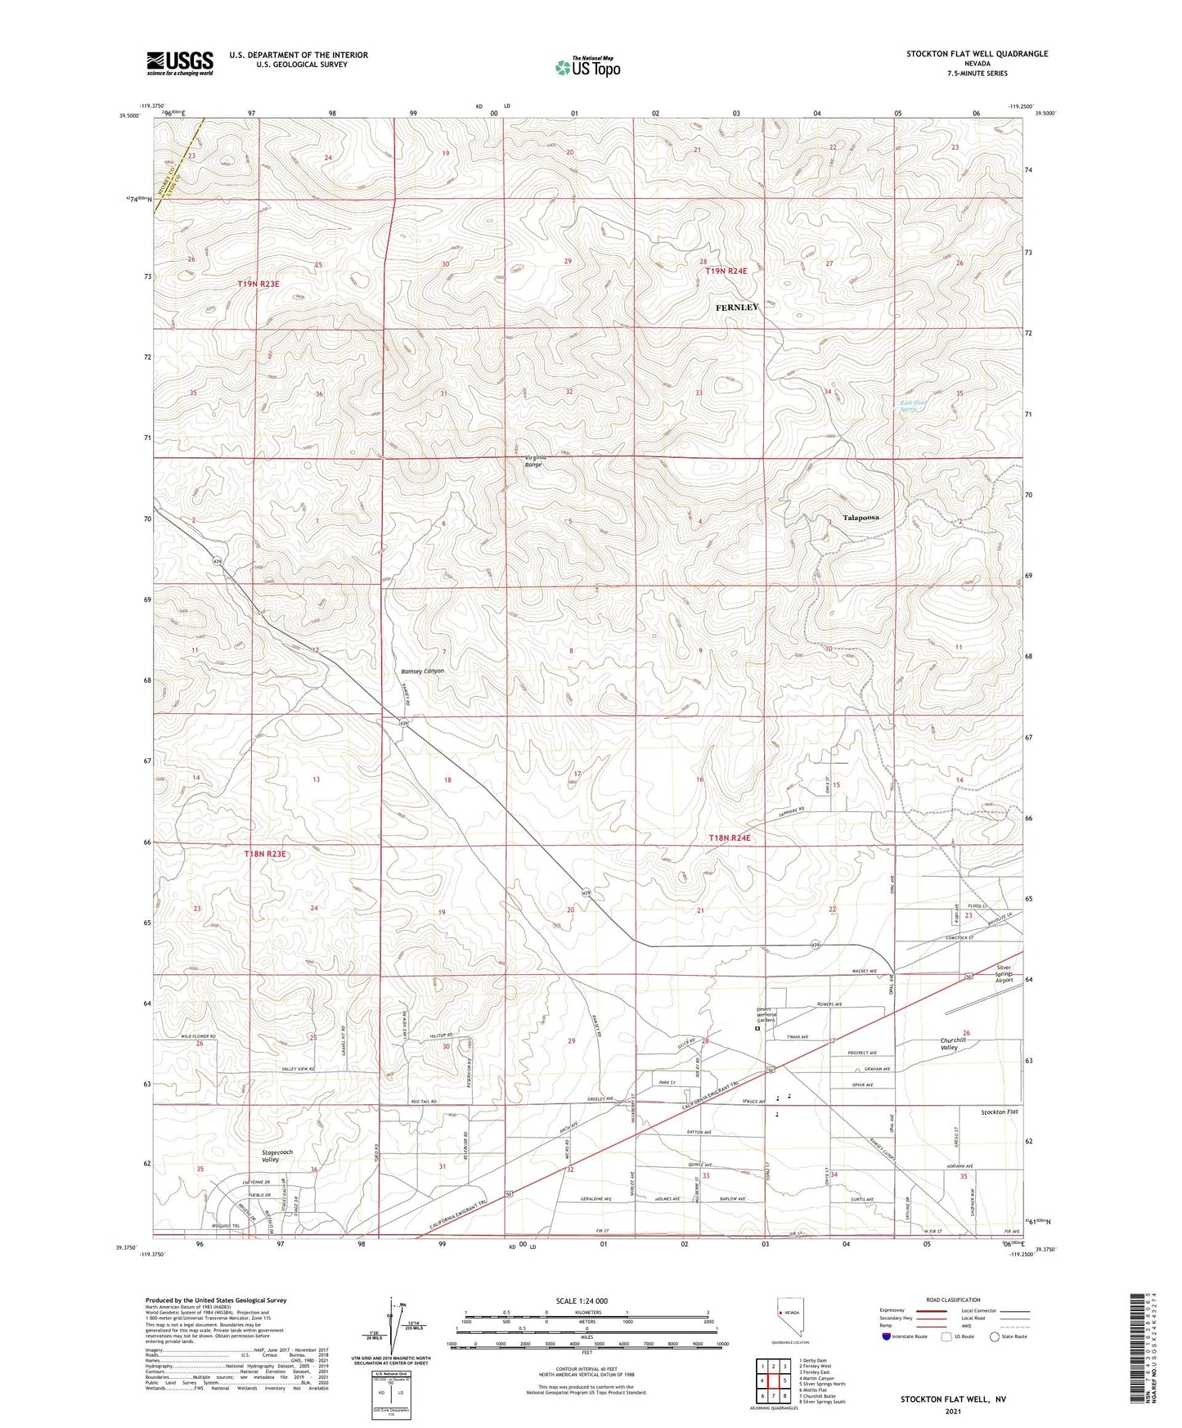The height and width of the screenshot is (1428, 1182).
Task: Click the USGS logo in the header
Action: tap(180, 62)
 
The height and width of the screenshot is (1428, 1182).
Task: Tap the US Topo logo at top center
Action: tap(587, 67)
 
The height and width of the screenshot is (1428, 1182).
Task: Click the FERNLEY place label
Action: tap(737, 308)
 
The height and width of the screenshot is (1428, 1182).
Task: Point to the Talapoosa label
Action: tap(861, 518)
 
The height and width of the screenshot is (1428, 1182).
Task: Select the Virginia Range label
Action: tap(533, 460)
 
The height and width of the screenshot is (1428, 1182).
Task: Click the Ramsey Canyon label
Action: tap(423, 671)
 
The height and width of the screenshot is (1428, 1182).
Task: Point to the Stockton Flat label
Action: tap(1000, 1112)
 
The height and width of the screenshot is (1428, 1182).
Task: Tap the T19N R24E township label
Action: tap(727, 271)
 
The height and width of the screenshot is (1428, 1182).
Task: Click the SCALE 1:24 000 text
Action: tap(582, 1300)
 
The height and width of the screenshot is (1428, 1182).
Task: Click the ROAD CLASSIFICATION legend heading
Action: tap(954, 1300)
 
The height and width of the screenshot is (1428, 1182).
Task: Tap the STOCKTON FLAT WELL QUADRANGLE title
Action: tap(977, 54)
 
